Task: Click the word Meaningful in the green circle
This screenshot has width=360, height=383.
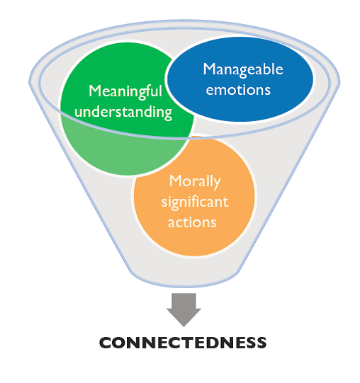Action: (125, 91)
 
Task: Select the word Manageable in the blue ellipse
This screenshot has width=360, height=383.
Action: (242, 69)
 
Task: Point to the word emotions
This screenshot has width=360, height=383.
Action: (242, 89)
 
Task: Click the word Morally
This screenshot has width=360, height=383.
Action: (193, 181)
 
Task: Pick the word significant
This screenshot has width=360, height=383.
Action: (193, 202)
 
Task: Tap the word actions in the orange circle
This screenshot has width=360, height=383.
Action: (193, 222)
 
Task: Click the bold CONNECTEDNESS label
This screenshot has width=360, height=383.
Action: (183, 343)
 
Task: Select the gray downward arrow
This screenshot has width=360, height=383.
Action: (184, 308)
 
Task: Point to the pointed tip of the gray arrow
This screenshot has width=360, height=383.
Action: (184, 325)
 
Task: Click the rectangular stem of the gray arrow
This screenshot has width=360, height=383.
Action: (184, 299)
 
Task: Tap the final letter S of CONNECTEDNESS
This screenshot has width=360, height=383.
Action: (261, 343)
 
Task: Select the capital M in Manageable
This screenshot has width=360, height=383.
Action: (208, 69)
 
